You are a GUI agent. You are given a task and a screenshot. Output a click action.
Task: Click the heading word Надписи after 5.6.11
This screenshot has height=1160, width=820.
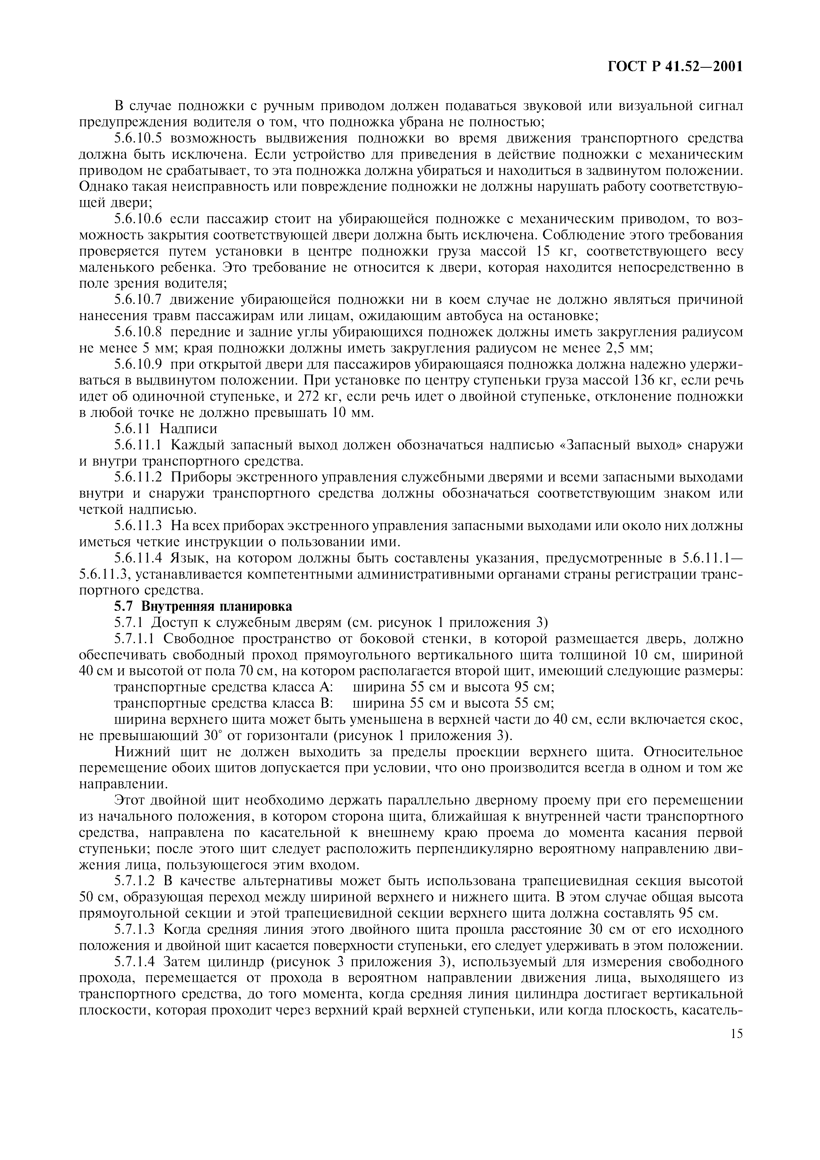(188, 429)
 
